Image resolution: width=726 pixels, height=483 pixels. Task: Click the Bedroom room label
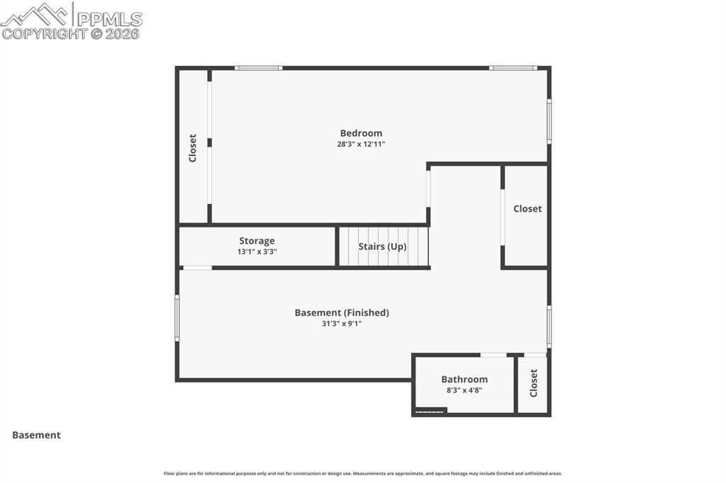tap(361, 133)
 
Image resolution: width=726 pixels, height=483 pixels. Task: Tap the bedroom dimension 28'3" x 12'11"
tap(361, 144)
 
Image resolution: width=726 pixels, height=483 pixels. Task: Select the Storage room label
tap(257, 241)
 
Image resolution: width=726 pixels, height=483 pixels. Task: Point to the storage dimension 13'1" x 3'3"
tap(257, 251)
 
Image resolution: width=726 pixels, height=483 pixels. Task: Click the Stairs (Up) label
tap(382, 246)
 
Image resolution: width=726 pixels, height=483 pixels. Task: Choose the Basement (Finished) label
tap(342, 312)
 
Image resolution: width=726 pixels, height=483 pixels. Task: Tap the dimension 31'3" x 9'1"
tap(342, 324)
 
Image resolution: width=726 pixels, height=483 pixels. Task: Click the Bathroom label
tap(464, 379)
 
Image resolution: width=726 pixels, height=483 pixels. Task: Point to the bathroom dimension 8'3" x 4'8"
tap(464, 390)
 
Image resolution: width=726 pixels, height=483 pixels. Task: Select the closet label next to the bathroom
tap(534, 383)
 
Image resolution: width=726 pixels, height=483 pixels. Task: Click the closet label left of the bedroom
tap(192, 148)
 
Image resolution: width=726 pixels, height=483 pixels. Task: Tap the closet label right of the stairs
tap(527, 209)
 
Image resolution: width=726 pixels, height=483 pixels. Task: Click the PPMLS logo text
tap(109, 18)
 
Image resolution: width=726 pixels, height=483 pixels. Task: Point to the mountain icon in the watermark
tap(35, 13)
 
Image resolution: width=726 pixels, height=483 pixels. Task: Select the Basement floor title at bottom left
tap(36, 436)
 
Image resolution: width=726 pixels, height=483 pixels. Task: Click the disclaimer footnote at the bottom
tap(362, 474)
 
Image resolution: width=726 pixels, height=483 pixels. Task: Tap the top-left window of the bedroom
tap(259, 68)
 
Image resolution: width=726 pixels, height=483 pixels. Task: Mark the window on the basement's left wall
tap(177, 318)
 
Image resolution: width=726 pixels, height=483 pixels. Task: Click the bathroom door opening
tap(493, 355)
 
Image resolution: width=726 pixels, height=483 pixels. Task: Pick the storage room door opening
tap(197, 268)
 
